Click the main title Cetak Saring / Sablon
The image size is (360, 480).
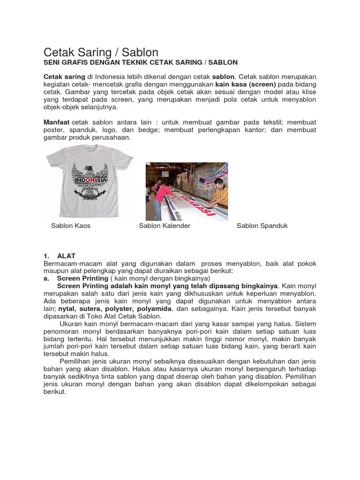(x=101, y=52)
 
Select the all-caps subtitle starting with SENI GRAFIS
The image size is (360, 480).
(x=141, y=62)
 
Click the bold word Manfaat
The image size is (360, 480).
(x=57, y=122)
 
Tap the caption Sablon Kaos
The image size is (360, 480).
(x=71, y=226)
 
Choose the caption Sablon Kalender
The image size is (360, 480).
(x=165, y=226)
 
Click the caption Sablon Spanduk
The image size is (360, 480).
(x=262, y=226)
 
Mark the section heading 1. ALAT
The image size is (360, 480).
(x=60, y=256)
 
